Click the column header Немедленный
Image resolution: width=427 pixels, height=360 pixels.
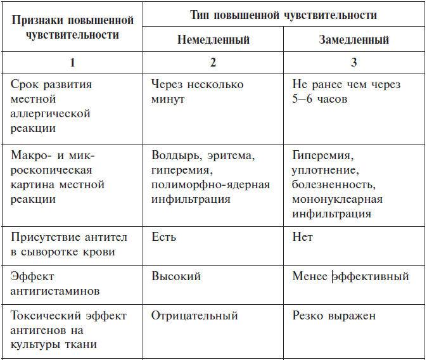click(x=212, y=40)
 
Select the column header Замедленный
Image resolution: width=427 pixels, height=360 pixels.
click(x=354, y=40)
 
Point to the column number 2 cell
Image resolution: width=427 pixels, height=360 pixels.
click(x=212, y=63)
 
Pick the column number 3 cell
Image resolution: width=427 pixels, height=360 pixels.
click(x=354, y=63)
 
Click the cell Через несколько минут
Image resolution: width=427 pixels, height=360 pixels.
click(x=197, y=92)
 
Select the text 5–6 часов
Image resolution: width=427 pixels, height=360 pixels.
click(x=319, y=100)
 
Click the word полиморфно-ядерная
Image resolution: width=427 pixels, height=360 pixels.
click(x=210, y=184)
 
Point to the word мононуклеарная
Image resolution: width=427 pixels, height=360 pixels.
click(x=337, y=199)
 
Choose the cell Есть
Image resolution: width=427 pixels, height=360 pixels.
click(x=163, y=238)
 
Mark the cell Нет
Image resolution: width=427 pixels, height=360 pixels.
click(x=303, y=238)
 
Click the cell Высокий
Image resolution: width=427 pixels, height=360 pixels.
click(x=176, y=276)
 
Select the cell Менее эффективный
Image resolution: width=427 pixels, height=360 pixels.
click(x=350, y=276)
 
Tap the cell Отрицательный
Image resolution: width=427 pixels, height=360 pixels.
click(x=194, y=316)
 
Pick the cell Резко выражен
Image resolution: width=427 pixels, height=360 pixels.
click(x=334, y=316)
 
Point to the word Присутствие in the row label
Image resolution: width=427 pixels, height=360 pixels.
click(x=42, y=238)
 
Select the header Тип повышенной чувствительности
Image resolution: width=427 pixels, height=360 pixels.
click(x=283, y=15)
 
